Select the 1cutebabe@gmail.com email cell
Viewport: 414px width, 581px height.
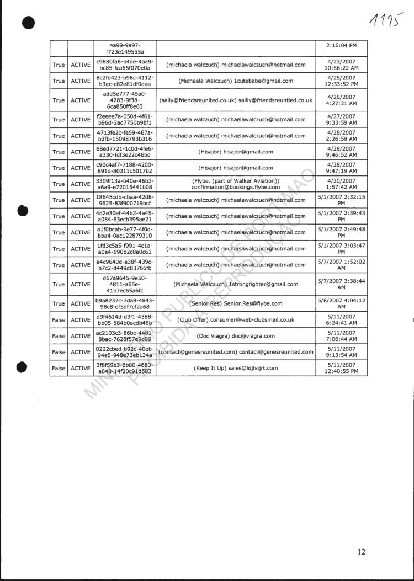[236, 81]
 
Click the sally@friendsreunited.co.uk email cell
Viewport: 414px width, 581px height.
[236, 100]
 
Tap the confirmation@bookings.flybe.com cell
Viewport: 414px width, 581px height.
[236, 184]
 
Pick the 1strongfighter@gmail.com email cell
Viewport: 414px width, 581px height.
[236, 284]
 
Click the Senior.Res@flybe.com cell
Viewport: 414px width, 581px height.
[236, 303]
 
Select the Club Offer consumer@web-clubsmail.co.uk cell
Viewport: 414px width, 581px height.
[236, 319]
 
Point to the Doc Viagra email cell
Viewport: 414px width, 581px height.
[236, 335]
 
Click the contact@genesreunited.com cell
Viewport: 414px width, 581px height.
[236, 351]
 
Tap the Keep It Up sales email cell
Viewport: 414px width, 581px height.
[236, 368]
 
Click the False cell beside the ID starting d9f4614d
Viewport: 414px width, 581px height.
[59, 319]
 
